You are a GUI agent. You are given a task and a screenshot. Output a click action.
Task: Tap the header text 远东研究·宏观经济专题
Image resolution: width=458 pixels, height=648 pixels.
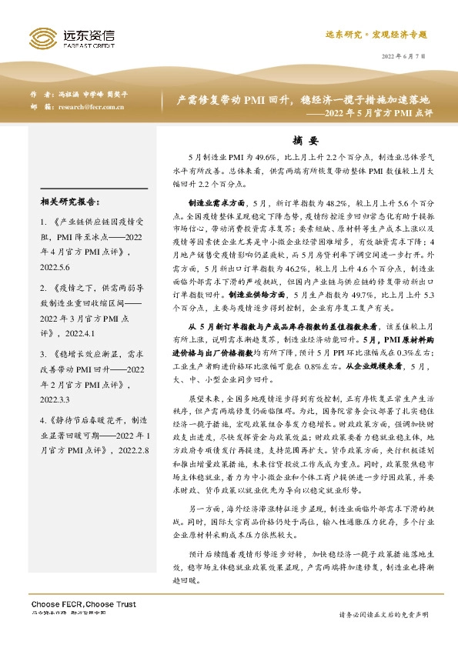[x=376, y=35]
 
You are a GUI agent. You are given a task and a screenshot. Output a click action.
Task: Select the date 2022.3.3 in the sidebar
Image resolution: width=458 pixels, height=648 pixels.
[x=55, y=400]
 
